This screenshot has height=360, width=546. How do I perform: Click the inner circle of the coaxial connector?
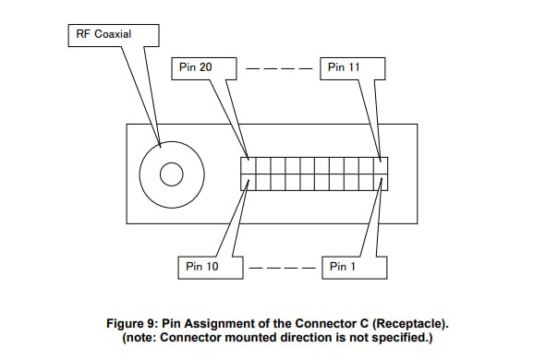tap(172, 174)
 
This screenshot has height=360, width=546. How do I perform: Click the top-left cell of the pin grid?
tap(249, 166)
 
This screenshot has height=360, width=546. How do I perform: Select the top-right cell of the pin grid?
tap(381, 166)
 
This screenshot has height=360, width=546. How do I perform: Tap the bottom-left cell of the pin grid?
tap(249, 181)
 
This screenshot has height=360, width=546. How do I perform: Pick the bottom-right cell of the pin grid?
tap(381, 181)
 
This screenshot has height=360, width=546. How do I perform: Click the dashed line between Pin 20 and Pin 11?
tap(278, 68)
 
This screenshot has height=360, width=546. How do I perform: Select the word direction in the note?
tap(316, 338)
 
